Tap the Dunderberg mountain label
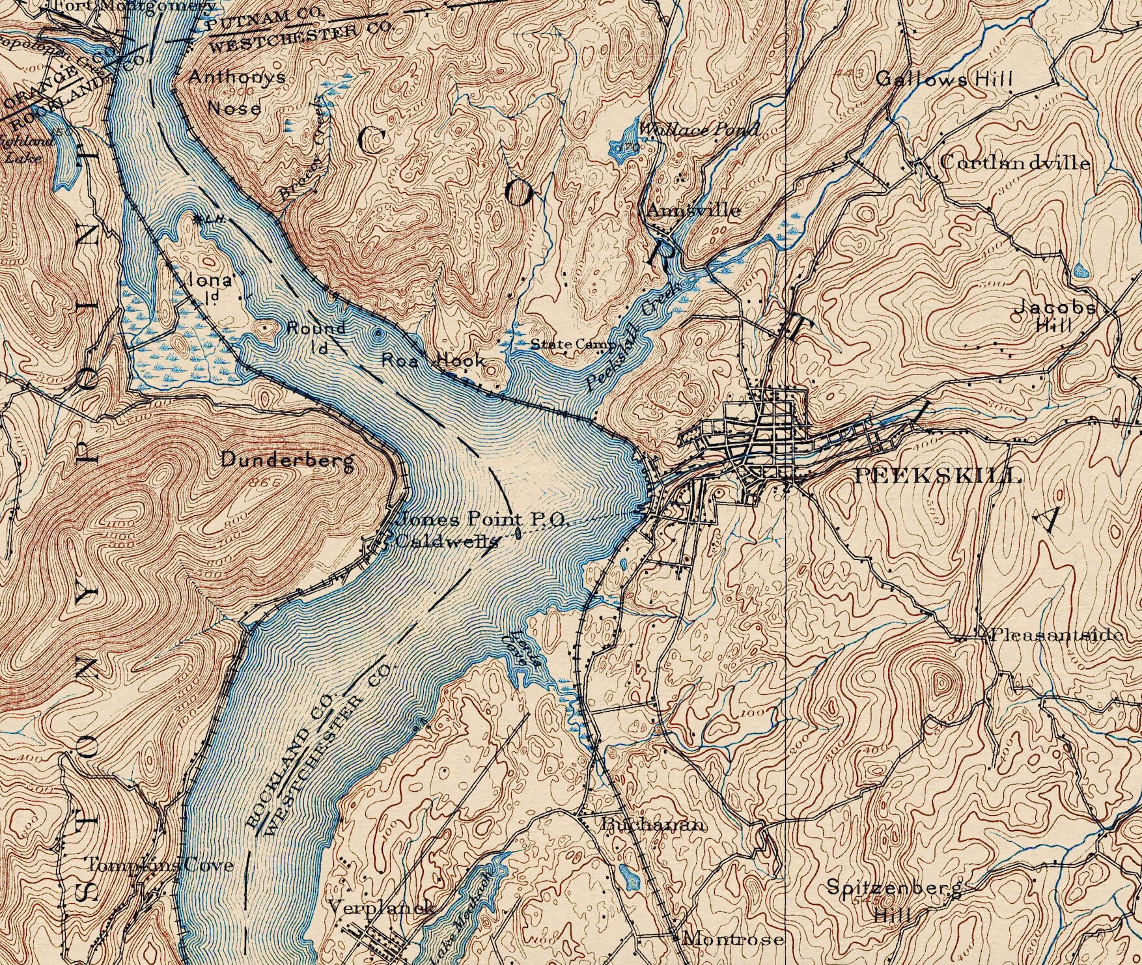pyautogui.click(x=288, y=460)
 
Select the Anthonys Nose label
pyautogui.click(x=236, y=92)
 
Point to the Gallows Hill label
pyautogui.click(x=943, y=79)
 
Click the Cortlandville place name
pyautogui.click(x=1014, y=163)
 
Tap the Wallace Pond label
pyautogui.click(x=698, y=130)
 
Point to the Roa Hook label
pyautogui.click(x=432, y=360)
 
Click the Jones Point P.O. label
pyautogui.click(x=483, y=520)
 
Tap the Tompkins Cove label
pyautogui.click(x=160, y=865)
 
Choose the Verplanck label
pyautogui.click(x=380, y=907)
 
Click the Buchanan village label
pyautogui.click(x=653, y=824)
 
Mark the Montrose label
pyautogui.click(x=732, y=938)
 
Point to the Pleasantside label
pyautogui.click(x=1056, y=635)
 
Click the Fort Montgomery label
pyautogui.click(x=133, y=6)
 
